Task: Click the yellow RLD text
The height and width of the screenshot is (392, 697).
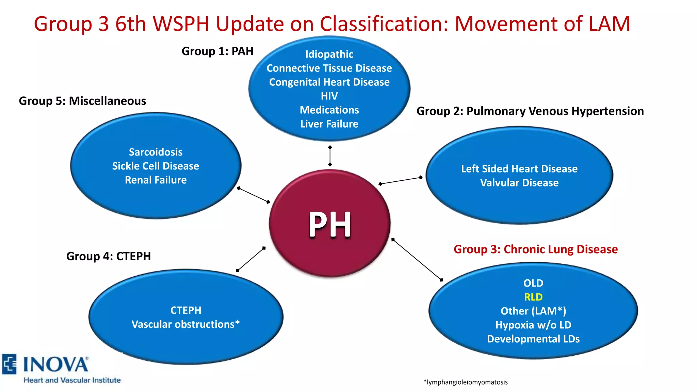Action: [533, 297]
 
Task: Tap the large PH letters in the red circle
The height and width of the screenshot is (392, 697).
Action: [329, 224]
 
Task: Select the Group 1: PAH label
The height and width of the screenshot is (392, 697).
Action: [217, 51]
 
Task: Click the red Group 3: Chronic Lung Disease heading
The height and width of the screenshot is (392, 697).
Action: [535, 249]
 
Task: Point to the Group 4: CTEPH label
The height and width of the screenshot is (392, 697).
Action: [108, 256]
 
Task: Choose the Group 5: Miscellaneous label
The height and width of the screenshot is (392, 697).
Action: [82, 101]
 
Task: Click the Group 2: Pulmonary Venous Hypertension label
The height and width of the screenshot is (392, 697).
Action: [530, 111]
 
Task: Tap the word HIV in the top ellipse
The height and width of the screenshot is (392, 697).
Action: [329, 96]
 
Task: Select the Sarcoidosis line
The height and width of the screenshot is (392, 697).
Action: [156, 152]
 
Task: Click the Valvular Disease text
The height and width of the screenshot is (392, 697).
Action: [519, 183]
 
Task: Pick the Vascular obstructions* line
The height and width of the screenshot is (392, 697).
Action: [185, 324]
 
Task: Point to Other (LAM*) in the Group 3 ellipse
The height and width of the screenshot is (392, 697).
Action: [533, 311]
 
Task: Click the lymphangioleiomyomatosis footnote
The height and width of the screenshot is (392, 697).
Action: [465, 382]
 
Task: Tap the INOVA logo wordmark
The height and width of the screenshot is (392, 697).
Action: [55, 364]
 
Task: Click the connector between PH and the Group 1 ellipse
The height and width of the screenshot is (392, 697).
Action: [330, 156]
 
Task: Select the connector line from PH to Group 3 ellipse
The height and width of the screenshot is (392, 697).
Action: [417, 260]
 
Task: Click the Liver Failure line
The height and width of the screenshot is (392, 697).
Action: [329, 124]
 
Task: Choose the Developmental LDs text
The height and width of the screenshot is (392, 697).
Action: [533, 339]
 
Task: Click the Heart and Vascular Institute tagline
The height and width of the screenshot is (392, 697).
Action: [72, 380]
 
